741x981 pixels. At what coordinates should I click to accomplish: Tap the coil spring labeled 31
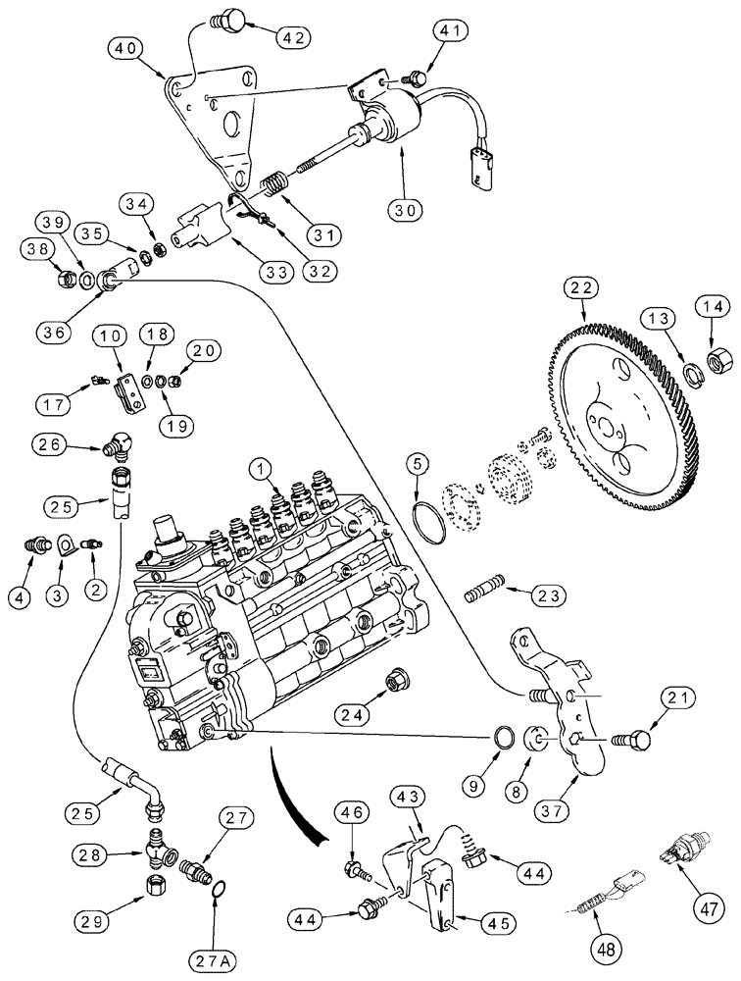(278, 181)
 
